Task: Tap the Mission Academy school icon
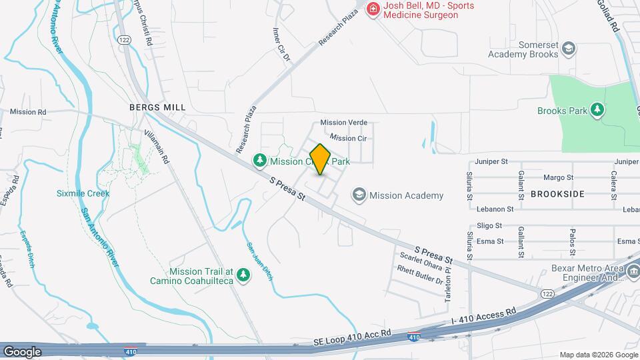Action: [x=359, y=195]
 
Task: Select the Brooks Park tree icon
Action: [x=597, y=110]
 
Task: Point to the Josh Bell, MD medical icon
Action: [x=373, y=9]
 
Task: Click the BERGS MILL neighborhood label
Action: [x=157, y=107]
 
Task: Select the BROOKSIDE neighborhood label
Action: [x=557, y=193]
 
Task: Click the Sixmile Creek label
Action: [x=83, y=193]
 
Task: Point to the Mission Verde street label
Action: [x=343, y=123]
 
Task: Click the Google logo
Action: [x=22, y=351]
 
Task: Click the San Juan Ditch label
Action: [x=259, y=260]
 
